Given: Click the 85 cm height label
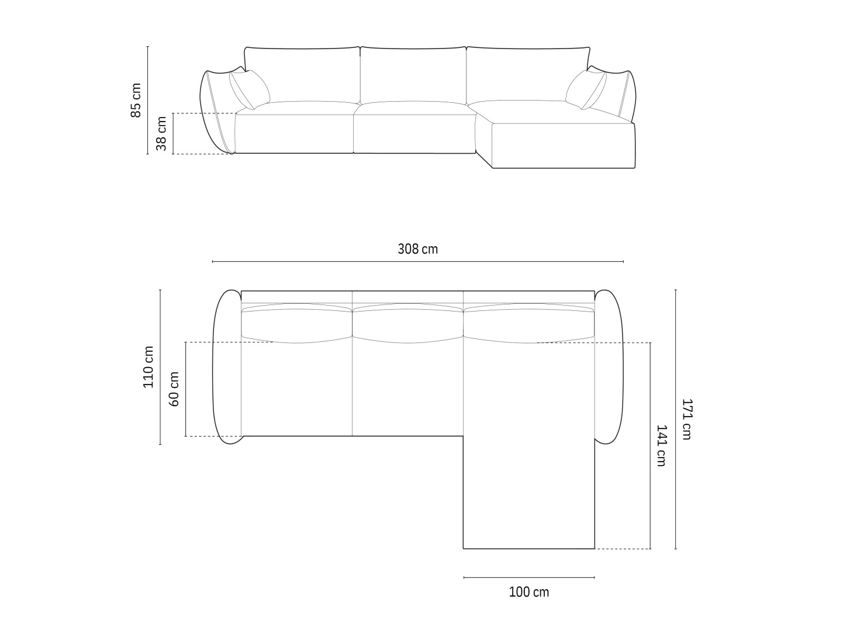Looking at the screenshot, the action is [x=136, y=101].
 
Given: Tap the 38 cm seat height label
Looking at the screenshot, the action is [x=161, y=133].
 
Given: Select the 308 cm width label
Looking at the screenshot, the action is [x=418, y=249].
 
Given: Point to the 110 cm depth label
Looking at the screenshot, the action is [x=148, y=367].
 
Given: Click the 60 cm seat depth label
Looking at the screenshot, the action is [x=174, y=389].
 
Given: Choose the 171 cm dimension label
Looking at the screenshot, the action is [x=686, y=419].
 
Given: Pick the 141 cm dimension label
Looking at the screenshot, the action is [x=661, y=446].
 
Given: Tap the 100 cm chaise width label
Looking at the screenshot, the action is [x=529, y=592].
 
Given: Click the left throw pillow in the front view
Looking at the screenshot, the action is [x=250, y=89].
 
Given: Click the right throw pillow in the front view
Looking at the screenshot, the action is [x=586, y=89].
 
